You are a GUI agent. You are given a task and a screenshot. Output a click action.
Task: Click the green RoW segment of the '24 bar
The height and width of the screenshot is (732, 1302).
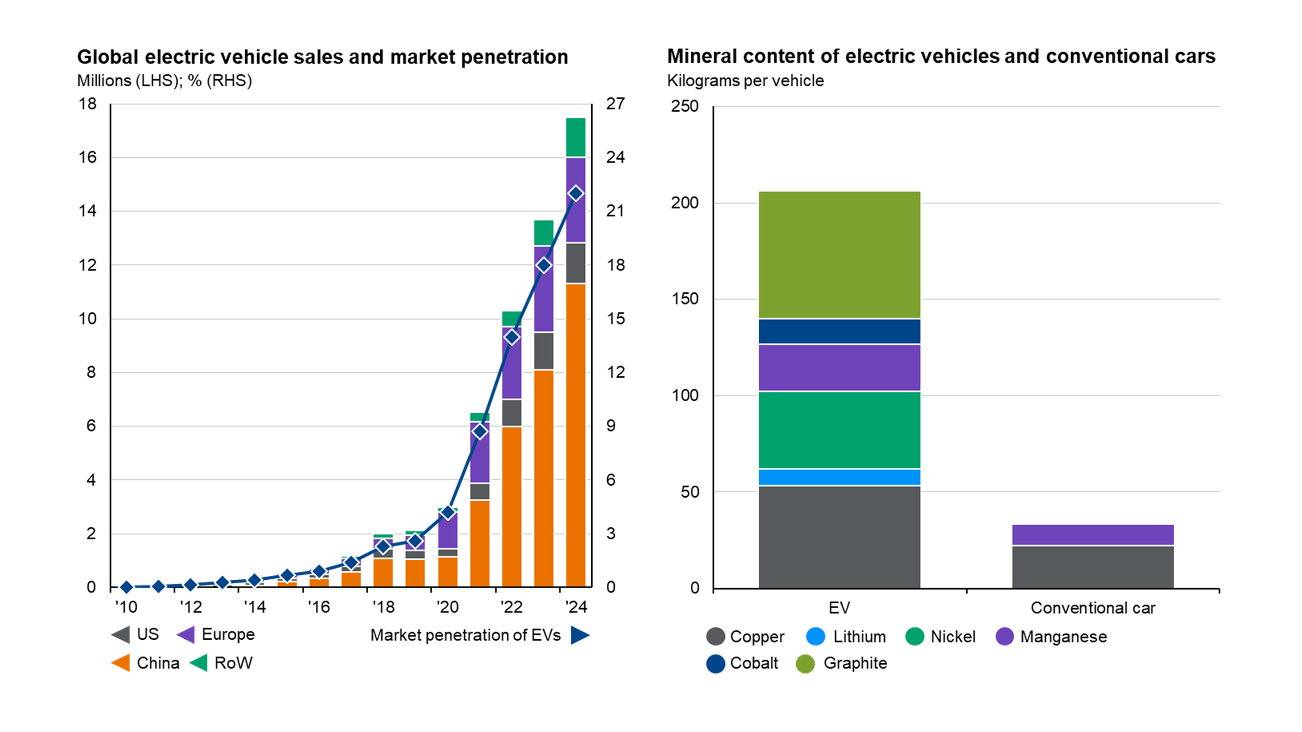(575, 138)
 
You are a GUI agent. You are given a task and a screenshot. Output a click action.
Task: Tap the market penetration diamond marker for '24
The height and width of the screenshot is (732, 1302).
(575, 193)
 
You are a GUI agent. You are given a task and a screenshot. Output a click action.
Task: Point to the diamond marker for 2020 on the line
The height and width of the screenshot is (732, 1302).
(447, 513)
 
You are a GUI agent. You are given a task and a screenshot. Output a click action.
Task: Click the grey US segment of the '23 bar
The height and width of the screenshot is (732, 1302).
(543, 350)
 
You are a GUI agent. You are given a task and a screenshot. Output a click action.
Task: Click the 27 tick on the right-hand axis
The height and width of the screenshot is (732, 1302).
(615, 104)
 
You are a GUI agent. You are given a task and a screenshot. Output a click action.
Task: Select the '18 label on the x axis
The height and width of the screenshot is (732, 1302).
(383, 607)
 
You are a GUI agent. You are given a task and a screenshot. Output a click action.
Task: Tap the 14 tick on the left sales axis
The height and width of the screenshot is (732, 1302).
(87, 211)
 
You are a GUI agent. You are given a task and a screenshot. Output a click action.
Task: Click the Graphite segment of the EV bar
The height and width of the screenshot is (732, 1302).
(839, 255)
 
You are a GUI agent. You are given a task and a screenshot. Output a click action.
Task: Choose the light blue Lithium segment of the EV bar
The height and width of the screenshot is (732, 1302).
(839, 477)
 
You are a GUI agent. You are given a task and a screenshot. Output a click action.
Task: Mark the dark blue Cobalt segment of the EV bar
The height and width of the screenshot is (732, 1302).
(839, 331)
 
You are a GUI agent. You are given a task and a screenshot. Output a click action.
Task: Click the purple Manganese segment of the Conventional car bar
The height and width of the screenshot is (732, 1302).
(1092, 534)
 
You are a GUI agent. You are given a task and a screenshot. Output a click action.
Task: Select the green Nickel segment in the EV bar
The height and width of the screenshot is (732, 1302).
(839, 430)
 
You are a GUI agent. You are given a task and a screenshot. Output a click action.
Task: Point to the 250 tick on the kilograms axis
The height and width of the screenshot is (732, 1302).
(684, 106)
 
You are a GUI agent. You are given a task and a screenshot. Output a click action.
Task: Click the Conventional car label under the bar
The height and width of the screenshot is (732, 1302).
(1092, 608)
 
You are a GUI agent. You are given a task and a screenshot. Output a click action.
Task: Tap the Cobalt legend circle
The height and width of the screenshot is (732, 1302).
(715, 663)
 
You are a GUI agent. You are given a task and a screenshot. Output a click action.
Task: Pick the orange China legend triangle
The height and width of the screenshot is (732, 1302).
(121, 663)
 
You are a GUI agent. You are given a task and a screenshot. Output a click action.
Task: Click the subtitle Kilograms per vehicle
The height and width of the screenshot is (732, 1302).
(745, 81)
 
